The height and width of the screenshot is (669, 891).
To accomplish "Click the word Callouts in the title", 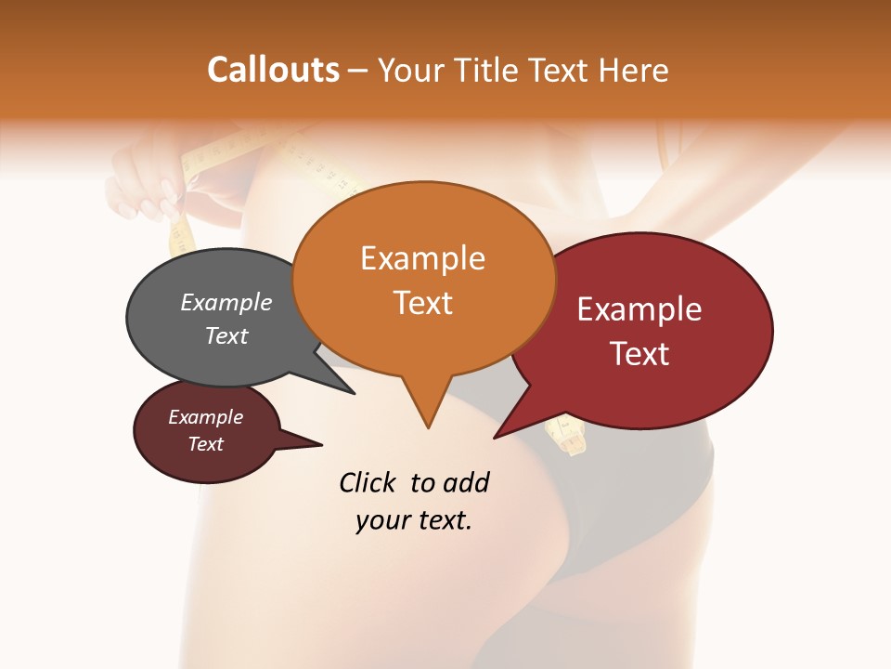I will tap(273, 70).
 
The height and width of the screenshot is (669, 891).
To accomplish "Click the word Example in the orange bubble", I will tap(422, 258).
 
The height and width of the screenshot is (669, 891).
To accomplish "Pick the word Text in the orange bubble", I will tap(422, 303).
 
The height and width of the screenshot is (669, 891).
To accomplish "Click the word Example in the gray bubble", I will tap(226, 303).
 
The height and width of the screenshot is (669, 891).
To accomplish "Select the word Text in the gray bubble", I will tap(226, 335).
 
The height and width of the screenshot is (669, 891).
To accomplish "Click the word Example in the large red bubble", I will tap(639, 309).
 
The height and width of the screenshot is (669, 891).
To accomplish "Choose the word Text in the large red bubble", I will tap(639, 354).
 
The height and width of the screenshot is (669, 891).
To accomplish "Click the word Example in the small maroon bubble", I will tap(205, 417).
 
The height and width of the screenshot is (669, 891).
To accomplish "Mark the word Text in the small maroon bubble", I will tap(205, 444).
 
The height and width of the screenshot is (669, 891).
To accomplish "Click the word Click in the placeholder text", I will tap(368, 482).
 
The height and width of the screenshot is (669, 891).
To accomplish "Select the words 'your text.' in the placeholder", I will tap(414, 520).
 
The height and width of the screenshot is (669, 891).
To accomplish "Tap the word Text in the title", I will tap(559, 70).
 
